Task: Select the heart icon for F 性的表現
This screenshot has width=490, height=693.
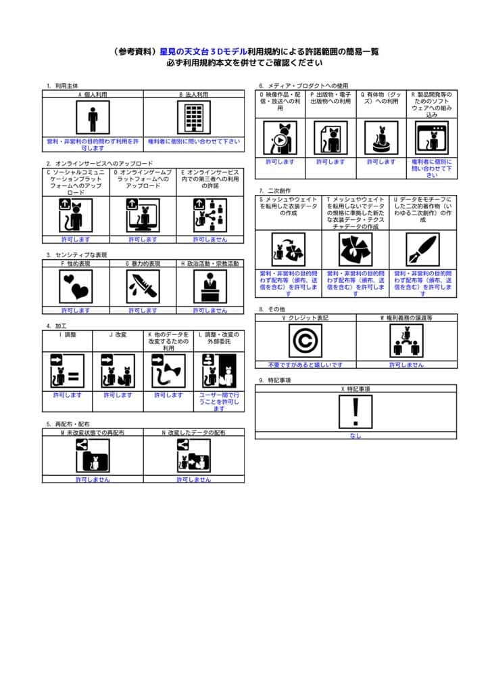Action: click(x=76, y=286)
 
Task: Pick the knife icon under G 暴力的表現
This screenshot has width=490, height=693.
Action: click(x=143, y=286)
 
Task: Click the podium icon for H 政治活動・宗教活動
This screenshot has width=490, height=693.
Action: click(x=210, y=286)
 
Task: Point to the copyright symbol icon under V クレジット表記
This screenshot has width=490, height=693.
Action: click(x=305, y=340)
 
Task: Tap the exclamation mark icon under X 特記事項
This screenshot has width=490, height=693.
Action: click(x=356, y=411)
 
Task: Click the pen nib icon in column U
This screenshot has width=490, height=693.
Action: click(x=423, y=250)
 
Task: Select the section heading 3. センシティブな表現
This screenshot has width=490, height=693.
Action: click(x=76, y=254)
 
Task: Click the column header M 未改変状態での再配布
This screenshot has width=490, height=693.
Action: click(x=93, y=432)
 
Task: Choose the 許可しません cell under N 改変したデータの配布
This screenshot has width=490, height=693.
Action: click(x=194, y=479)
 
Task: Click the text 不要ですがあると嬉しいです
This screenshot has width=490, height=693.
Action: click(x=305, y=364)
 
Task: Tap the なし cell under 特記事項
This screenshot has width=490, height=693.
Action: click(x=356, y=435)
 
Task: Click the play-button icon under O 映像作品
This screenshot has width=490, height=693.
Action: click(x=280, y=138)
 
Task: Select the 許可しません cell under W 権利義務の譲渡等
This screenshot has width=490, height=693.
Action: click(x=407, y=364)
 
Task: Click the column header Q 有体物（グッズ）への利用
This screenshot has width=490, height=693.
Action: click(x=381, y=99)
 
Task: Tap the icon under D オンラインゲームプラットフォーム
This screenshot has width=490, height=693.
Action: click(x=143, y=215)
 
